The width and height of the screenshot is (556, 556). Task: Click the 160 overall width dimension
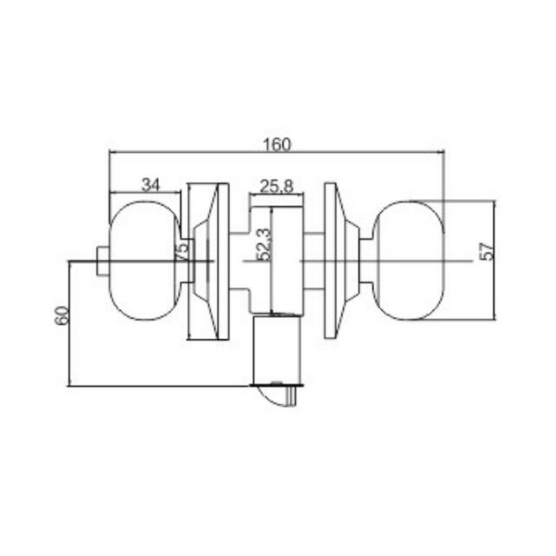277,145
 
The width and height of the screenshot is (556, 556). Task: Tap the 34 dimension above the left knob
151,185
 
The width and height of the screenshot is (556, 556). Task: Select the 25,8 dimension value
277,186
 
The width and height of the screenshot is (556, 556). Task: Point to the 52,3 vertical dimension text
264,245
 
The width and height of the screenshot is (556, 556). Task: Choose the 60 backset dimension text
61,316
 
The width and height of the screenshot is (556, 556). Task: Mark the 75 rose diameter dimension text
182,251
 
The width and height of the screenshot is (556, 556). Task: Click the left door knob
145,261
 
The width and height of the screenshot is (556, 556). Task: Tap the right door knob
409,261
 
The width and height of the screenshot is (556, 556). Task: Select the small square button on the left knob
103,262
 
